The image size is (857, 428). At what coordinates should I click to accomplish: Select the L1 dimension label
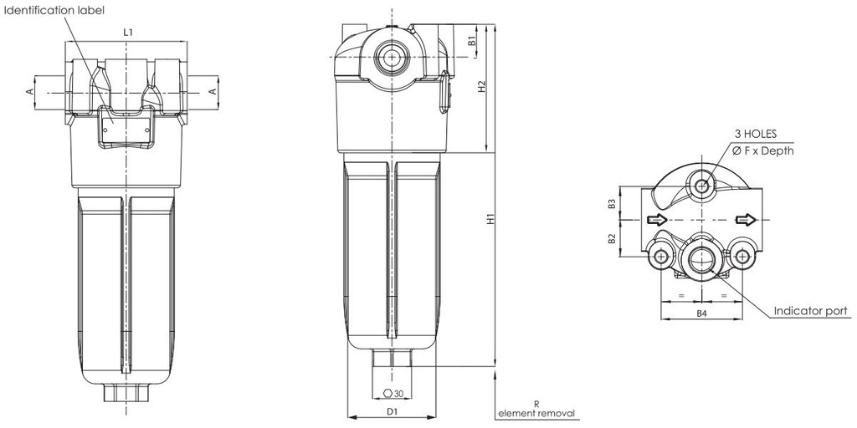click(127, 32)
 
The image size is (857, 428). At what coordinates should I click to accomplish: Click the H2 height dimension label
click(482, 87)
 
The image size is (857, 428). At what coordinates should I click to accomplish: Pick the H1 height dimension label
click(492, 219)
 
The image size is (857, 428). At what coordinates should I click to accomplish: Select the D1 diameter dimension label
click(391, 411)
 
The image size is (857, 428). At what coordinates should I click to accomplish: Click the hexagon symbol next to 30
click(385, 393)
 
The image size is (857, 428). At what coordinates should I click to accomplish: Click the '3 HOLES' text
click(756, 134)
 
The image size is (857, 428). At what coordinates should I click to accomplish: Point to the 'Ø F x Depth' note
click(762, 150)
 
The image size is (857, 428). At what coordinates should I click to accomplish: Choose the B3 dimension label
click(613, 202)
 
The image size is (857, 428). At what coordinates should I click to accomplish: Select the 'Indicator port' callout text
click(811, 311)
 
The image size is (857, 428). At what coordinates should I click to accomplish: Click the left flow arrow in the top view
click(656, 220)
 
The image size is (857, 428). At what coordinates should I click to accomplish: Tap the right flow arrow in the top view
click(744, 220)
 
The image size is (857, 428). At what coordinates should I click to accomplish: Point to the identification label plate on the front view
click(126, 127)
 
